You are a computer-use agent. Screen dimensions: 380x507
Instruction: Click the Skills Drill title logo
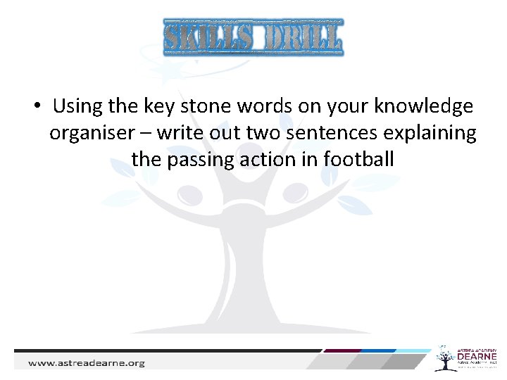point(254,38)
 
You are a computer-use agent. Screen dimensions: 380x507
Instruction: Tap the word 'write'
point(180,132)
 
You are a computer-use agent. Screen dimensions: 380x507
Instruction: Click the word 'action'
point(269,159)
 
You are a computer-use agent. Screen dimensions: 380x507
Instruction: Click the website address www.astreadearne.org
point(87,363)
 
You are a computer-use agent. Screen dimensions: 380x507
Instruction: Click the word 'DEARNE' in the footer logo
point(477,357)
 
